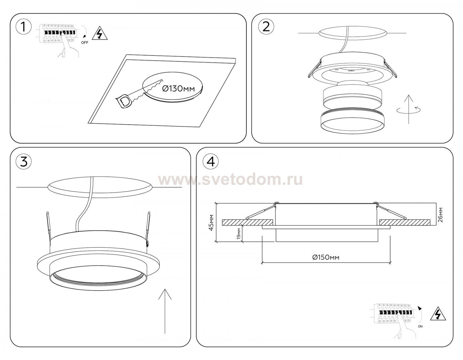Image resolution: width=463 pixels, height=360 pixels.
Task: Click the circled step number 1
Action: pos(24,27)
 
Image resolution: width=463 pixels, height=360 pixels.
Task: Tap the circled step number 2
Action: pos(266,27)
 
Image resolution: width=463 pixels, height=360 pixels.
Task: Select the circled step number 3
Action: pos(24,162)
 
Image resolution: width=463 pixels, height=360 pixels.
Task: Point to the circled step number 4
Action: pos(211,162)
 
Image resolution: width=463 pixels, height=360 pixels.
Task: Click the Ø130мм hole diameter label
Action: pos(178,89)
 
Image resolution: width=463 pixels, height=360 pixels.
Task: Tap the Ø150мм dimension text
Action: pos(326,257)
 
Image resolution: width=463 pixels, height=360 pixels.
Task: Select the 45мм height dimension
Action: pos(211,222)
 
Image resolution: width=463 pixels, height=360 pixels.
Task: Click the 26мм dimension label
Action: pos(440,215)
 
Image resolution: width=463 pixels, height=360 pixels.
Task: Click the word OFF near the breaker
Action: pos(85,43)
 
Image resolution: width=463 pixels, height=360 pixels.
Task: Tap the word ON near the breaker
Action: pos(420,326)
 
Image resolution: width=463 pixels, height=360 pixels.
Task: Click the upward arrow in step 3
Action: pos(165,311)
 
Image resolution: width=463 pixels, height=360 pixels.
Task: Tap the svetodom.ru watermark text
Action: pos(230,180)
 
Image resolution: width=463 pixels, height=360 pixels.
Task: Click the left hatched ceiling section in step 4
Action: pos(248,222)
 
